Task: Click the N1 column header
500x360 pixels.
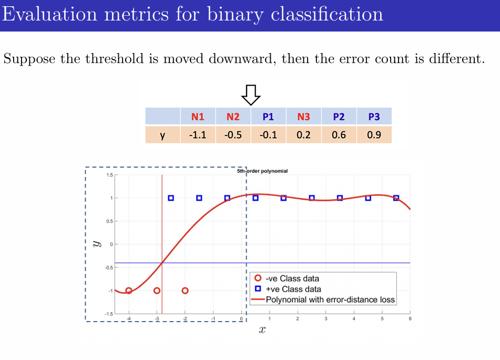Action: [198, 117]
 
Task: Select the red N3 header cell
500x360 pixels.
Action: [303, 117]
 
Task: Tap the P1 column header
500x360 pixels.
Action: [268, 117]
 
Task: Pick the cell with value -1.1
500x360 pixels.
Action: [198, 135]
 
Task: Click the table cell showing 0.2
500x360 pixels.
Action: [303, 135]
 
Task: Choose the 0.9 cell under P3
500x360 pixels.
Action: [374, 135]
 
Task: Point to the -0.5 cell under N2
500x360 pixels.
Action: [233, 135]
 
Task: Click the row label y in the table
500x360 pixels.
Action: [162, 135]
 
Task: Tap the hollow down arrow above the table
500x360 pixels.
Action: [251, 94]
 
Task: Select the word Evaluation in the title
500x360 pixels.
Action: [49, 14]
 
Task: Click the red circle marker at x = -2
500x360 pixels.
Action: [185, 291]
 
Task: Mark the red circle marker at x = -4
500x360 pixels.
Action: [129, 291]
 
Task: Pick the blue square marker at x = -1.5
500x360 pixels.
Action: [199, 198]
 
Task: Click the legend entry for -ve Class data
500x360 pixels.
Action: [292, 279]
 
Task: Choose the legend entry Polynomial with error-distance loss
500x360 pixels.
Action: [330, 300]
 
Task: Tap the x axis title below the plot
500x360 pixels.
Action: [262, 330]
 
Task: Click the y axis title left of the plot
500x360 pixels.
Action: [96, 244]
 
